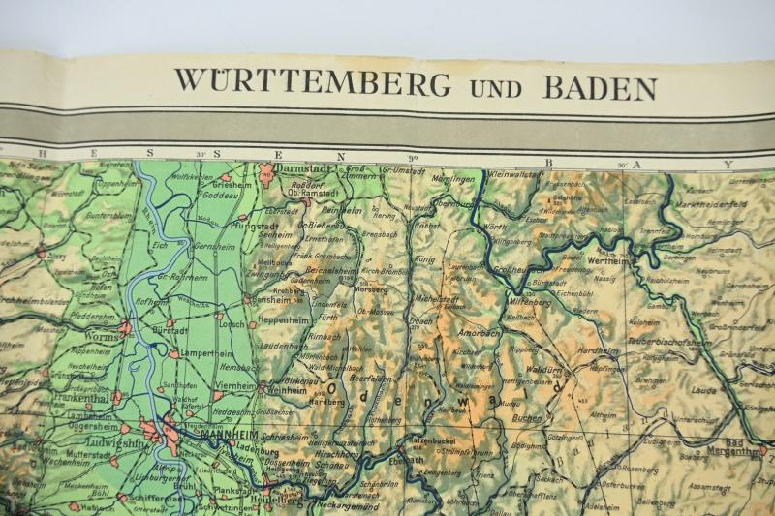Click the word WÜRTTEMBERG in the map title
point(312,82)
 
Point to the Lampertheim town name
point(211,353)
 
